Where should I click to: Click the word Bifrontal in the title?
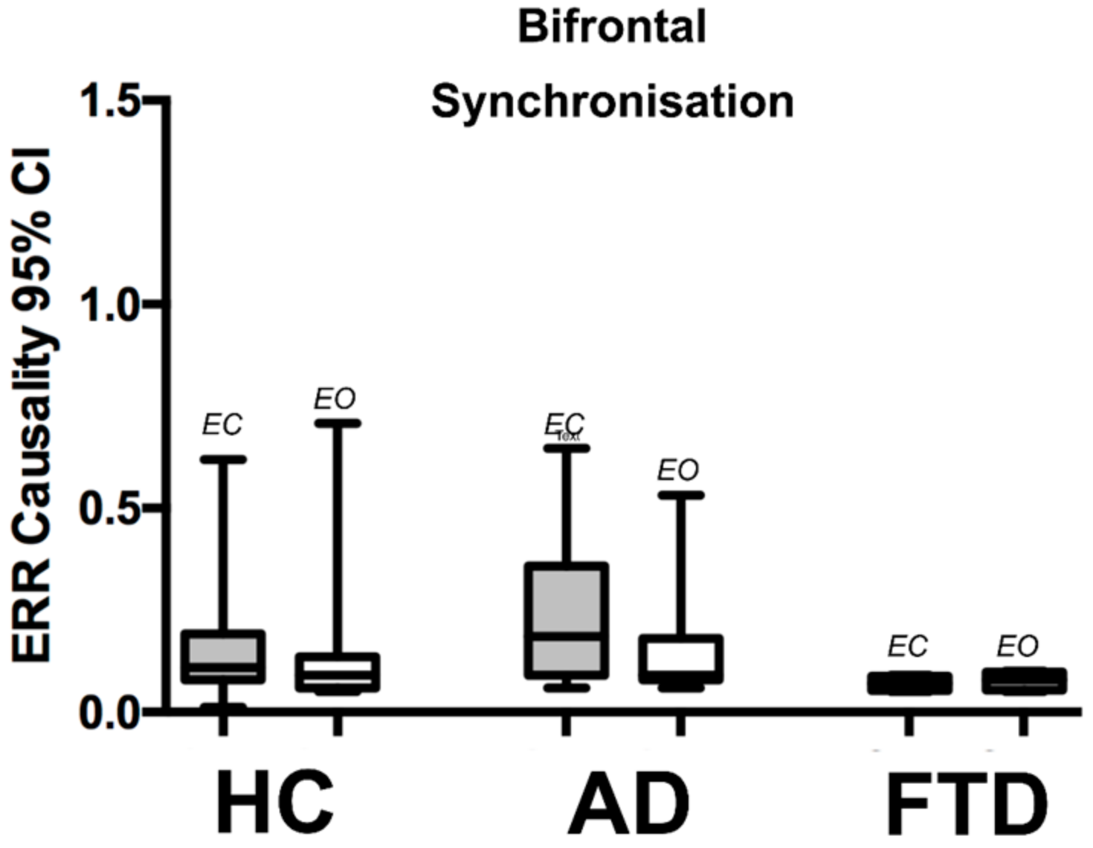[x=611, y=27]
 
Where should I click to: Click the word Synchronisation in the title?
[x=612, y=102]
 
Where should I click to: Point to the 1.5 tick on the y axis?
[x=112, y=100]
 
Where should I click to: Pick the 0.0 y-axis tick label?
[x=112, y=712]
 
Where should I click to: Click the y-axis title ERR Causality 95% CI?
[x=33, y=405]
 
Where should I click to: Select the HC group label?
[x=274, y=803]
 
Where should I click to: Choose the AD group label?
[x=629, y=803]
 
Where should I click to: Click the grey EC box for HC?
[x=223, y=656]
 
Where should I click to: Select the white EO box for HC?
[x=337, y=672]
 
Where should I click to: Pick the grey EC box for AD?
[x=567, y=621]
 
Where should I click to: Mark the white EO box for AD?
[x=680, y=658]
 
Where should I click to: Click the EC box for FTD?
[x=909, y=683]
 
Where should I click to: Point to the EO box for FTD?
[x=1024, y=681]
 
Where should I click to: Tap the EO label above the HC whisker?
[x=335, y=399]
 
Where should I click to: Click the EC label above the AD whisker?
[x=564, y=424]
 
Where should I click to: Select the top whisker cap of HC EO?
[x=337, y=423]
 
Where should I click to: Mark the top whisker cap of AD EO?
[x=680, y=495]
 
